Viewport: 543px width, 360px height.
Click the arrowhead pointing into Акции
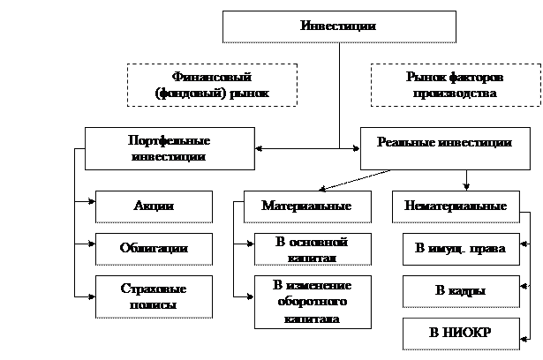(x=92, y=201)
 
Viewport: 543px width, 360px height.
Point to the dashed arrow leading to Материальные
(x=354, y=180)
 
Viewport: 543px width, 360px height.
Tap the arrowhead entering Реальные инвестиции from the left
(x=357, y=148)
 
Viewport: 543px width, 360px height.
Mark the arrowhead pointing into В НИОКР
(x=524, y=339)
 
